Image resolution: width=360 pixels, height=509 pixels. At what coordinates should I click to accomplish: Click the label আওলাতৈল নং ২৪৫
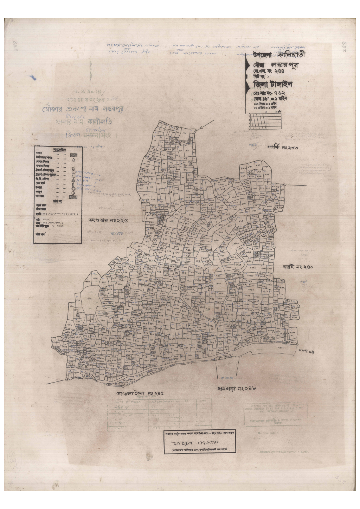click(140, 393)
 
